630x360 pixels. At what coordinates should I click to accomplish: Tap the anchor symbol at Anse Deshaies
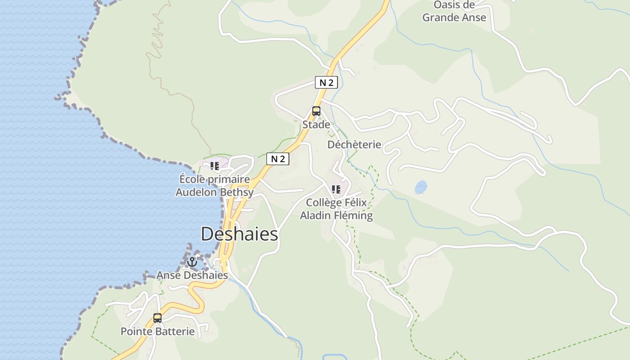pos(193,261)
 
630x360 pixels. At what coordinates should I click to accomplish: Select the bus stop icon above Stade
pos(316,111)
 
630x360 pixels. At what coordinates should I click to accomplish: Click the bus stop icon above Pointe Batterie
pos(157,318)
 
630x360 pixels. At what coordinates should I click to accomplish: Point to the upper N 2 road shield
pos(326,82)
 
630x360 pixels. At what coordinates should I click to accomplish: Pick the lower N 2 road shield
pos(278,159)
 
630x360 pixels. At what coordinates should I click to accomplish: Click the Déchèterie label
pos(354,144)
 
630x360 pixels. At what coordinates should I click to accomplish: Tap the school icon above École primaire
pos(215,166)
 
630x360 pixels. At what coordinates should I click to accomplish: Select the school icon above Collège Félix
pos(336,189)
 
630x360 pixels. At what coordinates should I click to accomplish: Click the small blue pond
pos(421,187)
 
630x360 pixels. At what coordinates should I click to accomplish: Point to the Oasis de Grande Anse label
pos(454,11)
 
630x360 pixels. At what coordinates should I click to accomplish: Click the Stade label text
pos(316,125)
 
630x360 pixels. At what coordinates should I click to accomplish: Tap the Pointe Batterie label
pos(157,332)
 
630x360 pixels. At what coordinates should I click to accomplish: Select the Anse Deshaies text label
pos(192,275)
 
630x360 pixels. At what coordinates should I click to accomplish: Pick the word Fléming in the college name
pos(354,216)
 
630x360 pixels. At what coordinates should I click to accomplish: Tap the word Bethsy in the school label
pos(237,192)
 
